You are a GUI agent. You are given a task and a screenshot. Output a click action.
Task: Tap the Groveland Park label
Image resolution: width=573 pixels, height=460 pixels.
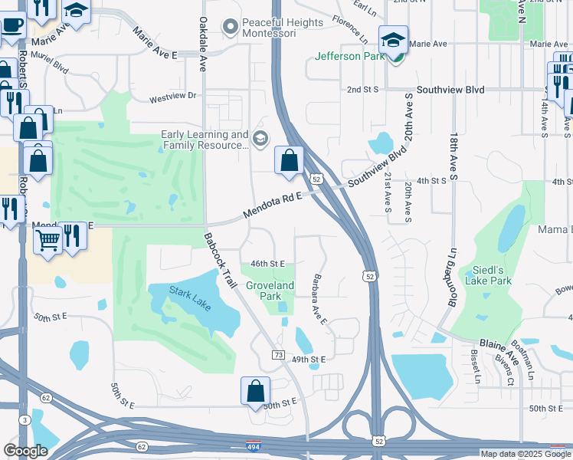click(x=270, y=291)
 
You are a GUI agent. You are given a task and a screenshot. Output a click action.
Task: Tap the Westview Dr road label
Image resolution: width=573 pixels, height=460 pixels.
click(x=173, y=97)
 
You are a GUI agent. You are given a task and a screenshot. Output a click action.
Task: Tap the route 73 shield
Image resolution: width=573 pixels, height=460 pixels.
click(x=278, y=354)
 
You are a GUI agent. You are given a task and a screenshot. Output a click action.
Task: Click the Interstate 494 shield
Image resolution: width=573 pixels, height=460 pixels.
click(x=252, y=445)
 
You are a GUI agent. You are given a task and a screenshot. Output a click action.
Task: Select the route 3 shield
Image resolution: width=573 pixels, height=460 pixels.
click(x=25, y=419)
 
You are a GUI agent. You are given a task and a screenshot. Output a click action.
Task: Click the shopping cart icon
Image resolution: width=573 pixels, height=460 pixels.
click(x=47, y=240)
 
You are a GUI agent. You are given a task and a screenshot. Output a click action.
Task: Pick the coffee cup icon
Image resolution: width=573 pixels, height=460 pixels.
click(x=10, y=24)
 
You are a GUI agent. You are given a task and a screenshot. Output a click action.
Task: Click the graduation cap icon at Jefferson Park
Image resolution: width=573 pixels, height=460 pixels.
click(x=393, y=40)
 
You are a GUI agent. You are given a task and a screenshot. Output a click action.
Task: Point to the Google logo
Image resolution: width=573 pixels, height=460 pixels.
click(x=25, y=451)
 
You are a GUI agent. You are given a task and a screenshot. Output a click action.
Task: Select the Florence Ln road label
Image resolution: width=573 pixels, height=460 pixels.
click(x=351, y=28)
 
